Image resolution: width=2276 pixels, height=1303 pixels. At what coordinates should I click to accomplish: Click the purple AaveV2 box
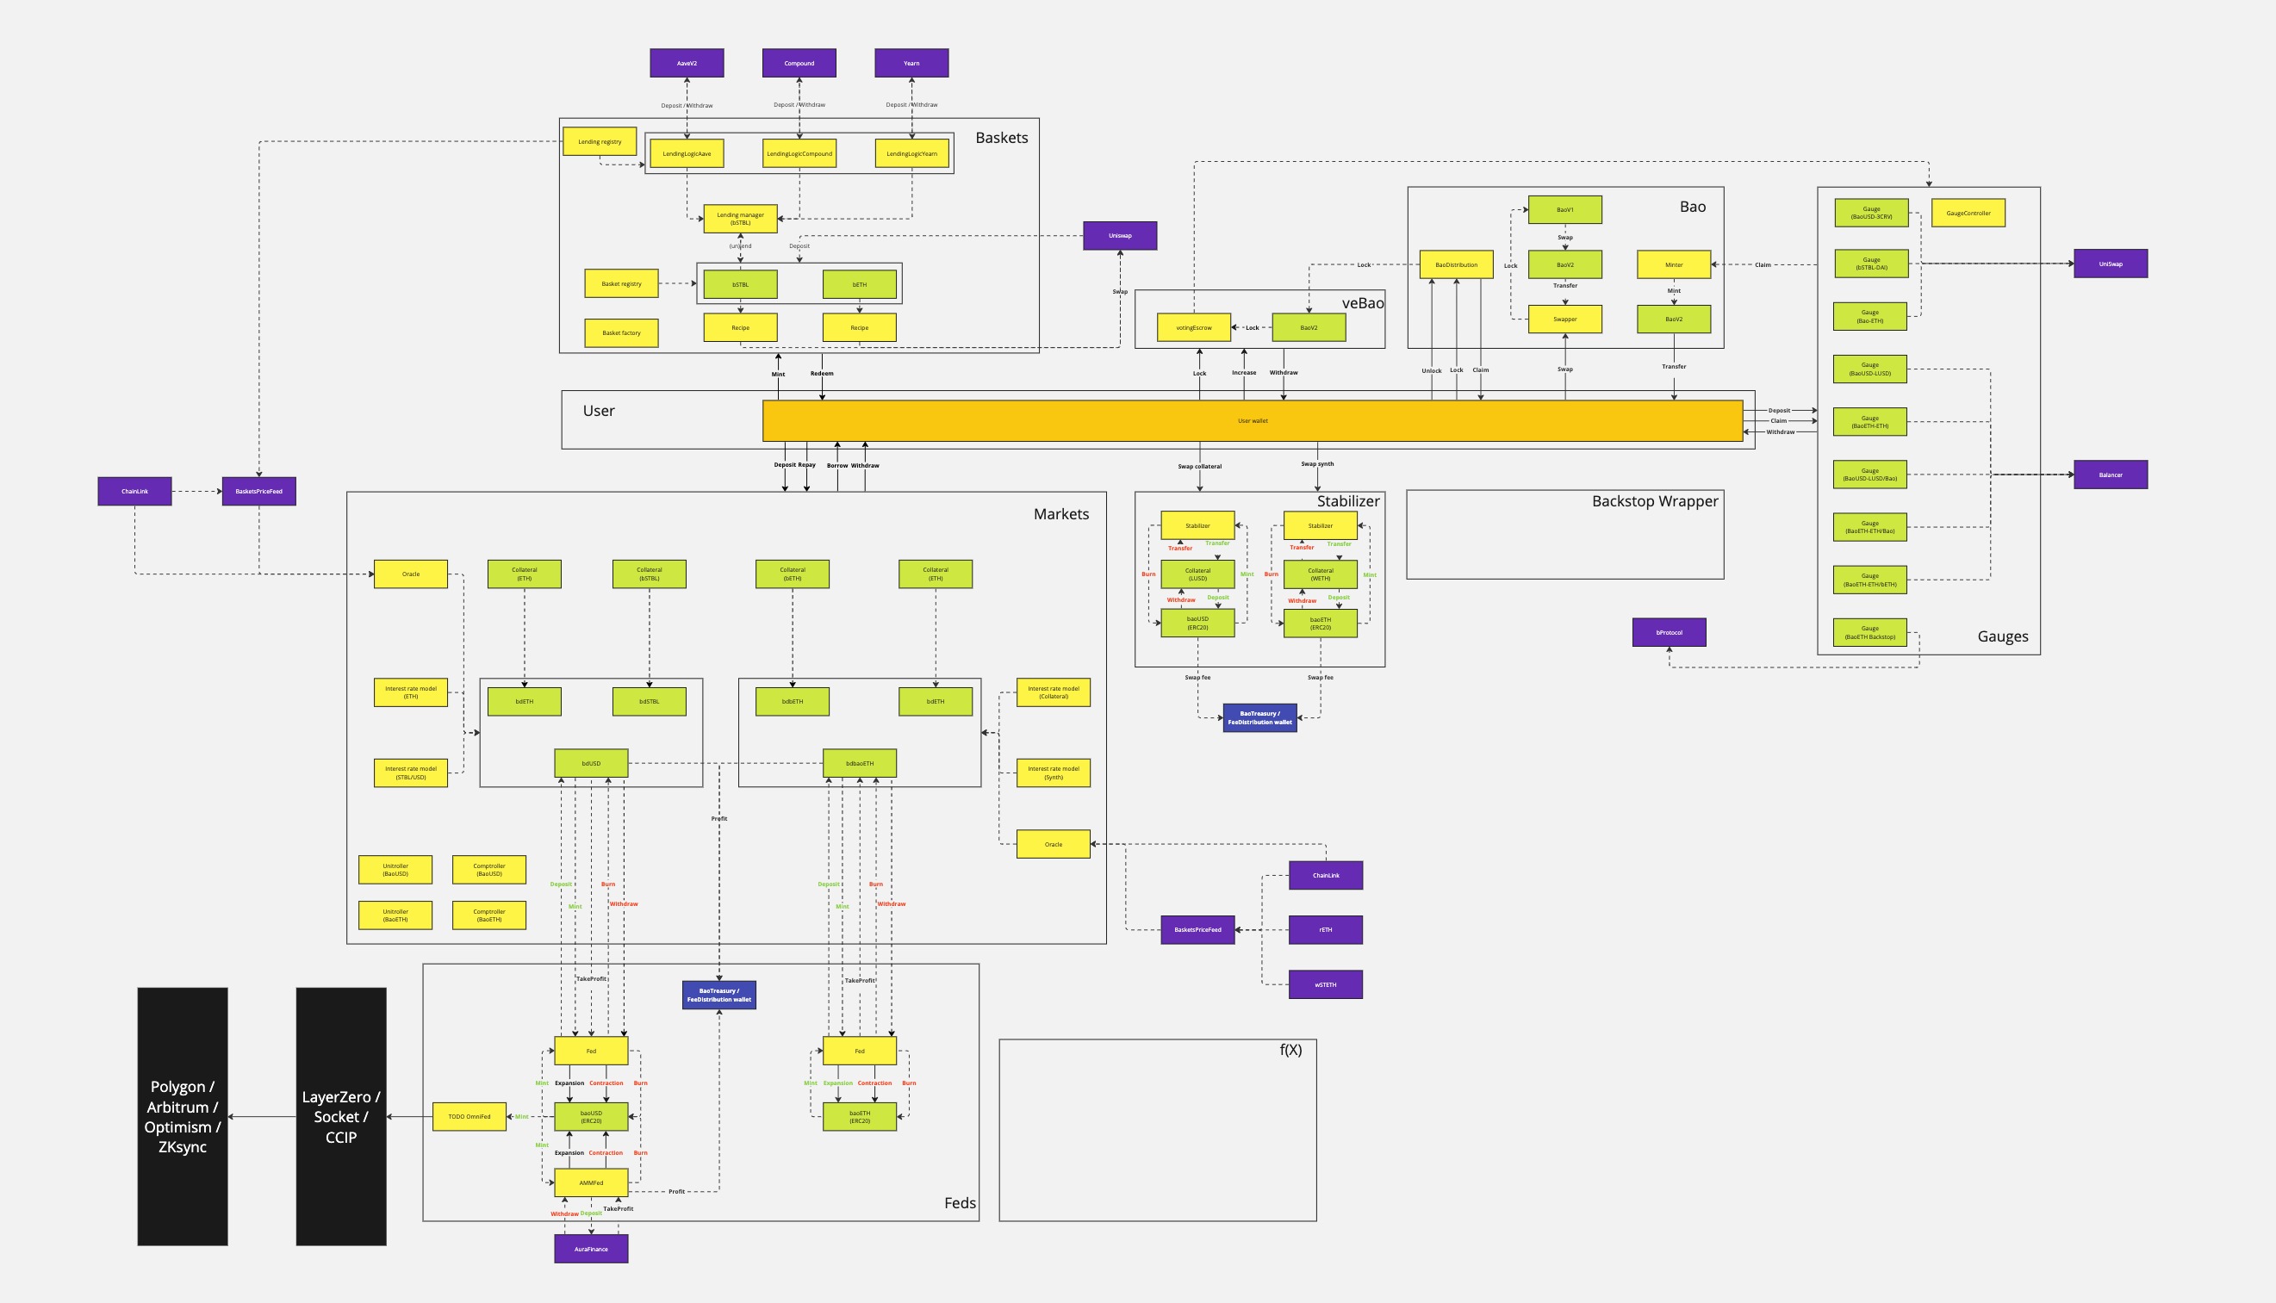click(687, 64)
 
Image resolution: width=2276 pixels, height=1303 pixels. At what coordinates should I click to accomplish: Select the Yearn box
click(911, 64)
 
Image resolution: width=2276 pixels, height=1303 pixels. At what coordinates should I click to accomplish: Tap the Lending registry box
click(599, 141)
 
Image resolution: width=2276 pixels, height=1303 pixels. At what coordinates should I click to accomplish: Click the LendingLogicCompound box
click(799, 154)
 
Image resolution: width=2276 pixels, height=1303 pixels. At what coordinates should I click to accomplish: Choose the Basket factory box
click(621, 333)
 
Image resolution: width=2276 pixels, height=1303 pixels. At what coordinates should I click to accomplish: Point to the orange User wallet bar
click(1252, 420)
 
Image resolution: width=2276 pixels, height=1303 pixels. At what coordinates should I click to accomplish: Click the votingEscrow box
click(1194, 327)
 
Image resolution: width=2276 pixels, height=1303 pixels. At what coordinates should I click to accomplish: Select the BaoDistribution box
click(1456, 265)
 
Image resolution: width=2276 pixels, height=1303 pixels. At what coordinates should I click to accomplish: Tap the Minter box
click(1674, 265)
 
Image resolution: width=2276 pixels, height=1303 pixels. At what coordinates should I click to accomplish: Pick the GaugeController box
click(1968, 213)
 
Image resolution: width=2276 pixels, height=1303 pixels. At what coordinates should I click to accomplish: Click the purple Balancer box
click(2111, 475)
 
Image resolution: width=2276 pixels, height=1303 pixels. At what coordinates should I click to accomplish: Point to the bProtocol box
click(1670, 633)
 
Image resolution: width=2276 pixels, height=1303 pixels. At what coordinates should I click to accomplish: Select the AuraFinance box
click(591, 1250)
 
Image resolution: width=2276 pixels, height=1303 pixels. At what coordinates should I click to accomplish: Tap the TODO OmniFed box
click(469, 1117)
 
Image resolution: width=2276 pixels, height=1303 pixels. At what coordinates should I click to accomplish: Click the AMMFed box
click(591, 1183)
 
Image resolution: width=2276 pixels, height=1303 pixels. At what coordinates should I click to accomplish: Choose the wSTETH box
click(1326, 984)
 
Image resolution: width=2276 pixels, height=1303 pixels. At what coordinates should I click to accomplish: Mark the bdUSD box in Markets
click(591, 763)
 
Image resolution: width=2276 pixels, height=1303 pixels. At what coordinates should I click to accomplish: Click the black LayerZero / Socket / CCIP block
click(341, 1117)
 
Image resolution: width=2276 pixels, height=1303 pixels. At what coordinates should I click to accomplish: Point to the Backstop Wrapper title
click(1655, 501)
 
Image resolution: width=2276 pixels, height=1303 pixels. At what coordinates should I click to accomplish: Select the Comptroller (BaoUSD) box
click(488, 870)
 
